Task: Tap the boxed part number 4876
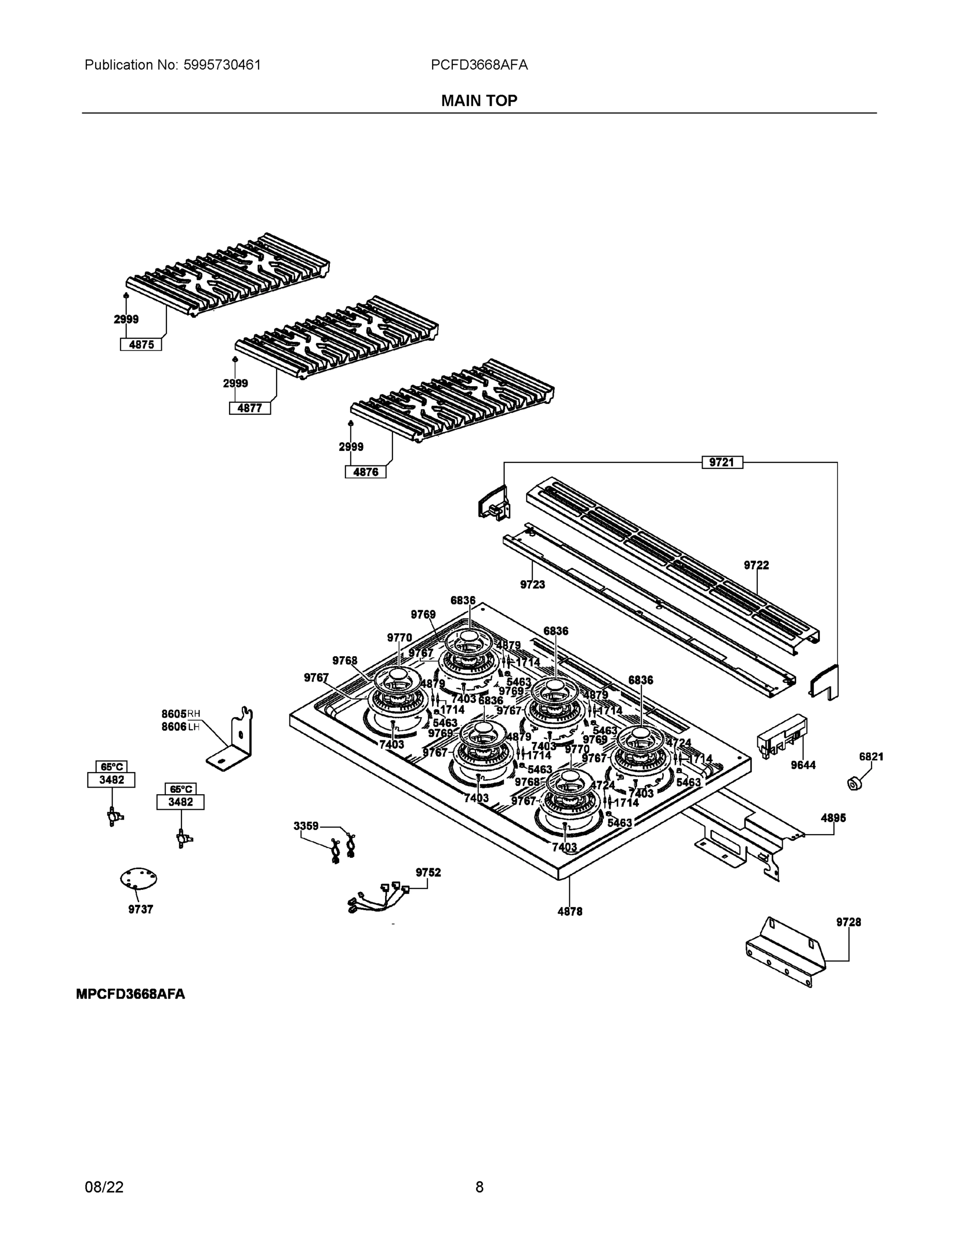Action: coord(366,472)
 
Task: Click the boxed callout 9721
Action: coord(722,462)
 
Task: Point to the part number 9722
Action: coord(756,565)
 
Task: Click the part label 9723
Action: coord(532,584)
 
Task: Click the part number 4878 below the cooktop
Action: coord(569,911)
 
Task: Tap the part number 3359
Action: coord(306,826)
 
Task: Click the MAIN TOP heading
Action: coord(479,101)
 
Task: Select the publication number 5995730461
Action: coord(222,65)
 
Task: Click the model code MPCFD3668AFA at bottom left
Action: coord(130,994)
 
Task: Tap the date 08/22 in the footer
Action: coord(104,1187)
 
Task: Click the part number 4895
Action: coord(833,818)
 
